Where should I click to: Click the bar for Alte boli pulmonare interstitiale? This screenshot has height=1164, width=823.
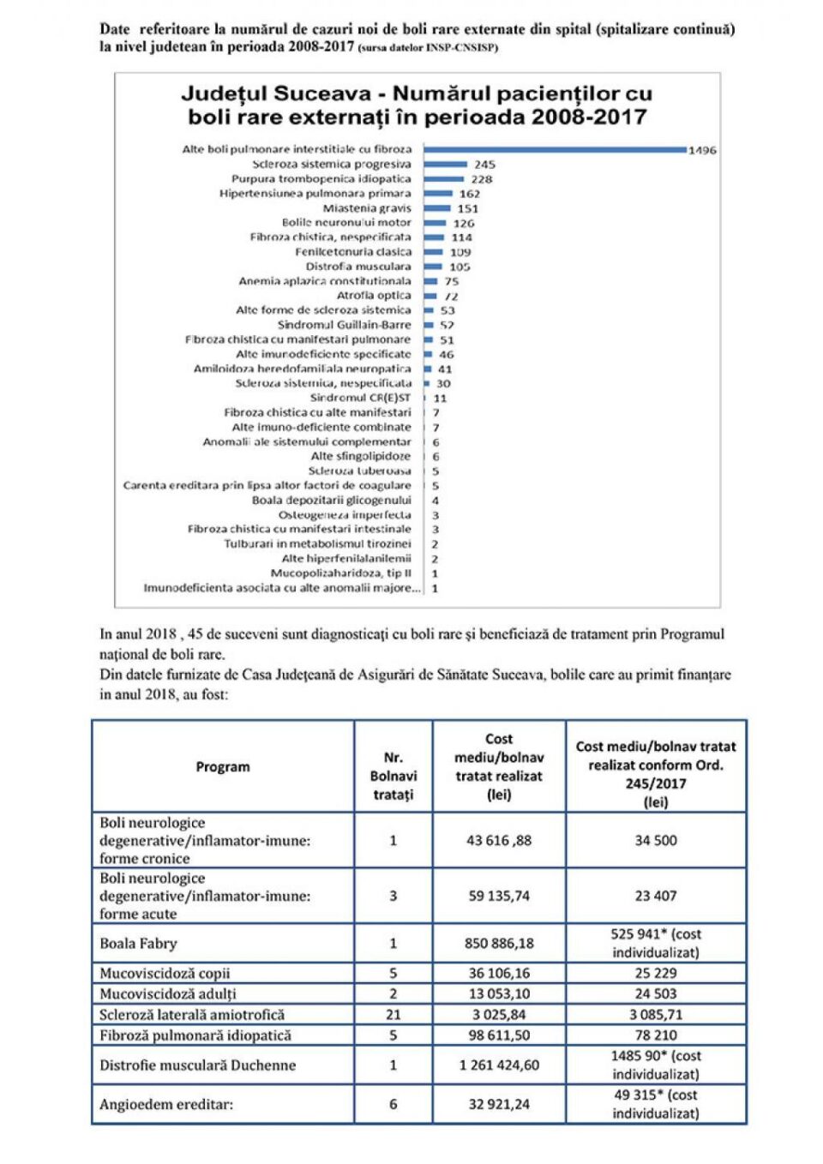555,149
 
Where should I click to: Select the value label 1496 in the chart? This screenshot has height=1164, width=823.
702,150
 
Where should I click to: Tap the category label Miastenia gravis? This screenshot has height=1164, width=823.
366,208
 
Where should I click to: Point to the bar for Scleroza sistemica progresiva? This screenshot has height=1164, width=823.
446,164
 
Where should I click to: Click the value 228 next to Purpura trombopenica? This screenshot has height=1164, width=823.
482,179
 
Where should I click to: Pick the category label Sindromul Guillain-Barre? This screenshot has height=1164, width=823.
344,325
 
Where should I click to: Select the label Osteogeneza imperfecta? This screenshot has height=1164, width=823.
345,515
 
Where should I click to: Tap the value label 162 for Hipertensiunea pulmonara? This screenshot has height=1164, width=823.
470,194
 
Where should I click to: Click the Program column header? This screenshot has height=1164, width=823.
223,766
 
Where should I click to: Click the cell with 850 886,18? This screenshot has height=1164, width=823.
499,943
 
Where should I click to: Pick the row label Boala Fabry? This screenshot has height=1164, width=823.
138,943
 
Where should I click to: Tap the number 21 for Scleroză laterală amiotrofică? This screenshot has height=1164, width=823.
393,1014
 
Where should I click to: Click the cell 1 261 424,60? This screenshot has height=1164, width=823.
499,1065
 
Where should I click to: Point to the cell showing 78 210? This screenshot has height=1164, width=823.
655,1035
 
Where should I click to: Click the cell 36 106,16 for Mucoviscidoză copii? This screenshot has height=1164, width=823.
499,973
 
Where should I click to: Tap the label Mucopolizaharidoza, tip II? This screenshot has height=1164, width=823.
340,573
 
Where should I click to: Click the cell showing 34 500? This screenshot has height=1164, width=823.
655,840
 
